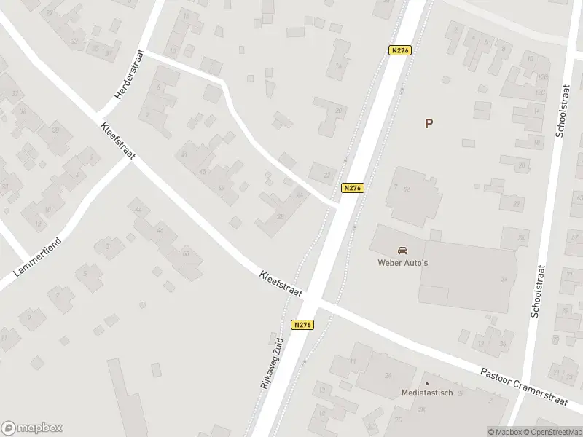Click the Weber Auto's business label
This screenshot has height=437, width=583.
[402, 263]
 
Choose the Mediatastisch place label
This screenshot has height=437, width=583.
[427, 393]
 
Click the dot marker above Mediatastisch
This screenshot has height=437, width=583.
[427, 383]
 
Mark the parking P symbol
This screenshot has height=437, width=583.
[429, 123]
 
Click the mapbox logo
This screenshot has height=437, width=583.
[32, 428]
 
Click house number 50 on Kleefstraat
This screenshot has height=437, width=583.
[186, 253]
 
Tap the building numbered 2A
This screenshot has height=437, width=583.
[388, 376]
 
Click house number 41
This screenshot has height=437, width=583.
[184, 154]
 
